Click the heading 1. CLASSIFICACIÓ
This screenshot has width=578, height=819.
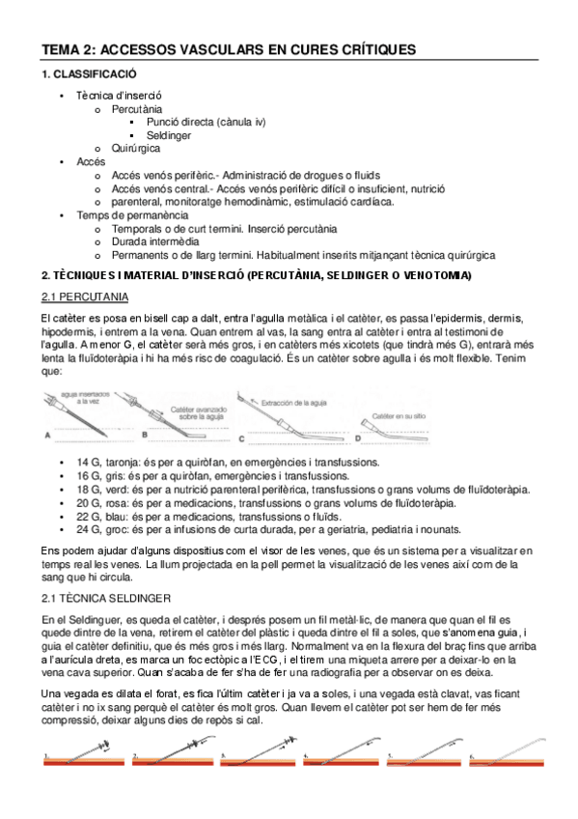[89, 74]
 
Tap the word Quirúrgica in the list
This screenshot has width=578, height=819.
[135, 149]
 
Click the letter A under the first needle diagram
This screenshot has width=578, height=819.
[47, 437]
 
